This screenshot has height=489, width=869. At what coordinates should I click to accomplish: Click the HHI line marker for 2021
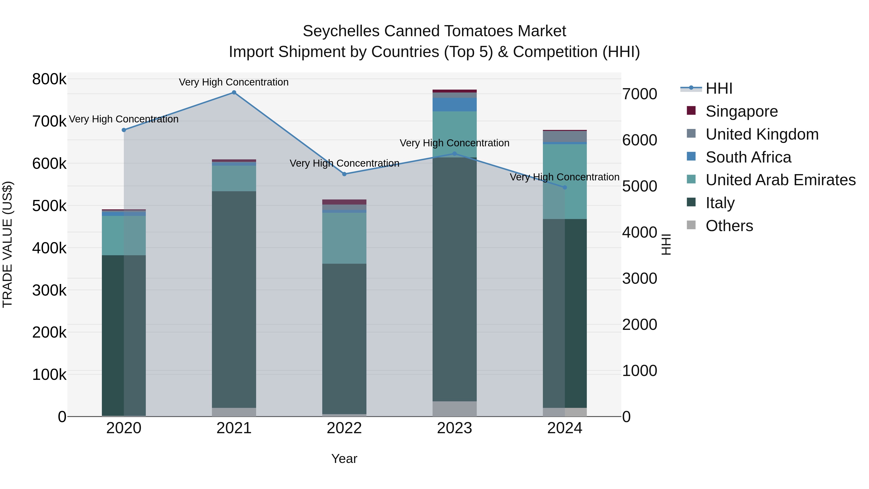[234, 92]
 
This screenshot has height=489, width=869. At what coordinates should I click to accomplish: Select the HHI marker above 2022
[344, 174]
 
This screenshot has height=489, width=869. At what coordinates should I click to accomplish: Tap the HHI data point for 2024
[565, 187]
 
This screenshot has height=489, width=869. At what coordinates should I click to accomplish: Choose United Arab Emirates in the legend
[780, 180]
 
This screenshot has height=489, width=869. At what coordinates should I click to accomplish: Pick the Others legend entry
[729, 226]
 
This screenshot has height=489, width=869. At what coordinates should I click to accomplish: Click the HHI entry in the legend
[719, 88]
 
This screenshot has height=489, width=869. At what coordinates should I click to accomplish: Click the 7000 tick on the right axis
[640, 94]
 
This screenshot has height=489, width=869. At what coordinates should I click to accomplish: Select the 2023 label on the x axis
[454, 428]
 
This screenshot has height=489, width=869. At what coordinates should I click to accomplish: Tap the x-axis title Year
[344, 459]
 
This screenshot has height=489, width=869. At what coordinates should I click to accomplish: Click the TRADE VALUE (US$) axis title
[7, 244]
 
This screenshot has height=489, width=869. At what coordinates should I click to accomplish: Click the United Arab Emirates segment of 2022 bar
[344, 238]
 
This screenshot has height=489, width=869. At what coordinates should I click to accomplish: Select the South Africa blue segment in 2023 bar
[454, 105]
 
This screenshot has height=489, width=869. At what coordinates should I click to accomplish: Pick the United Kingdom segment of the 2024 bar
[565, 136]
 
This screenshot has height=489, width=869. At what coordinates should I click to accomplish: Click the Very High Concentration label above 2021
[234, 82]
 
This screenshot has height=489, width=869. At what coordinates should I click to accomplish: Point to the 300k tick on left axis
[49, 290]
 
